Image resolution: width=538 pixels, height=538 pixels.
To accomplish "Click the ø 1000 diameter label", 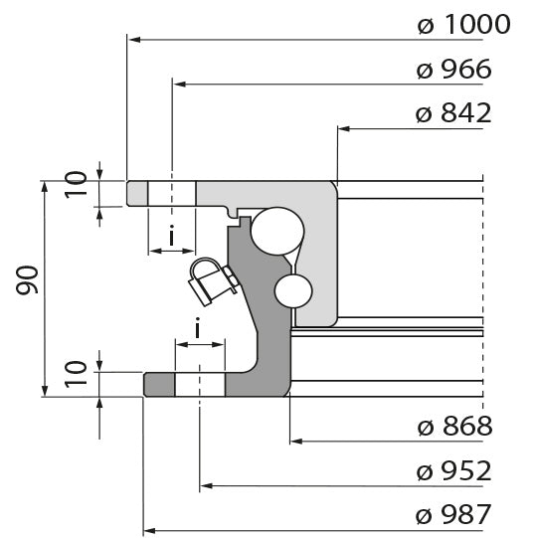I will coord(463,24).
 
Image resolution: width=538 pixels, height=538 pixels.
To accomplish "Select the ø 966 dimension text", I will coord(454,70).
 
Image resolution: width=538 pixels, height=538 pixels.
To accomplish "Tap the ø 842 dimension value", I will coord(454,113).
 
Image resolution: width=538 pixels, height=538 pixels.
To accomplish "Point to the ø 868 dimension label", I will coord(454,427).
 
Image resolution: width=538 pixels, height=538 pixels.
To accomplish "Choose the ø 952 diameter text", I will coord(454,470).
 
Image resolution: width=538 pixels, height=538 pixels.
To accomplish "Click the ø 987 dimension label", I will coord(454,514).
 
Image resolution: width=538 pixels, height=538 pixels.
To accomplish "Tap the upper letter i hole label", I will coord(172,236).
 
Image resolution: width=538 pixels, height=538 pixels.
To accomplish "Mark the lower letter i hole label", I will coord(198,327).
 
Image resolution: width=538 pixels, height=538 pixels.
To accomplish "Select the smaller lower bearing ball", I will coord(294,291).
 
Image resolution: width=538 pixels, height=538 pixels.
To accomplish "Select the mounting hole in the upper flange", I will coord(172,194).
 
